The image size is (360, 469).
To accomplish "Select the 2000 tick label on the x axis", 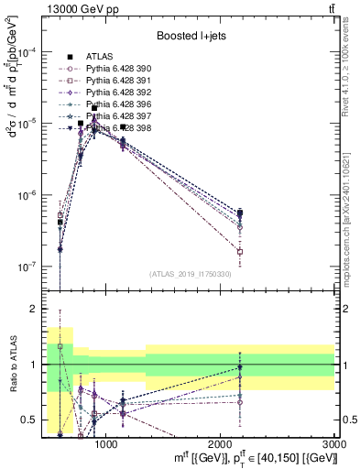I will [x=220, y=444].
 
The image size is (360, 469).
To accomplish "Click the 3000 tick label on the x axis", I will [x=333, y=444].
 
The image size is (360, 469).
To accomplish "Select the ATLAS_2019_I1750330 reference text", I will [x=191, y=273].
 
